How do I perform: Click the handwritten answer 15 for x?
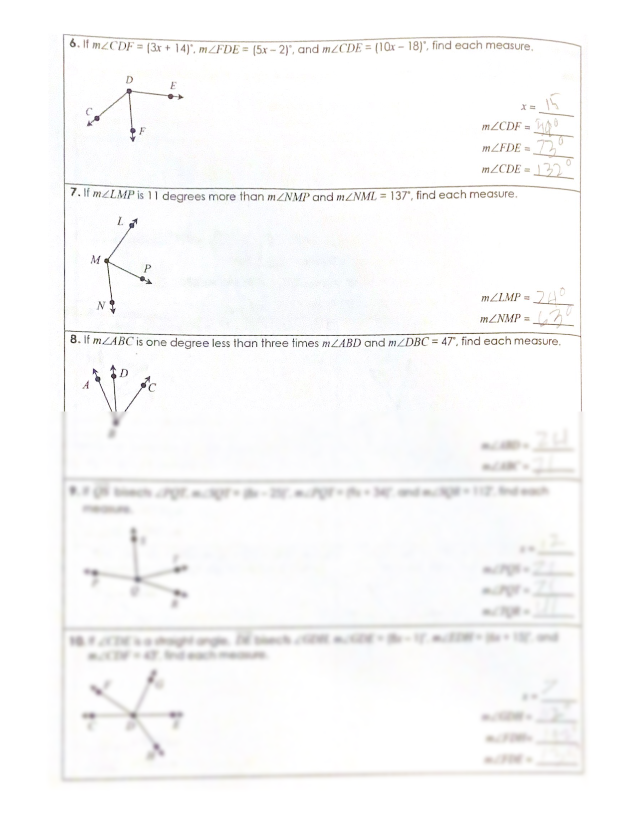click(552, 105)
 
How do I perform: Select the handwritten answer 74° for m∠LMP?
click(551, 297)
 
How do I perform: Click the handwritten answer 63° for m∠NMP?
click(552, 318)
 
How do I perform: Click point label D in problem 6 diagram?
click(129, 80)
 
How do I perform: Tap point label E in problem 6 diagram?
click(173, 85)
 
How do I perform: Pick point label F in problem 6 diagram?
click(142, 131)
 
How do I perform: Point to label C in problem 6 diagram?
click(88, 111)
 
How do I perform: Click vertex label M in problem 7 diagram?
click(95, 260)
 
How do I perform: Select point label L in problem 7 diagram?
click(120, 221)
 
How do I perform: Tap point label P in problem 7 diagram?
click(147, 268)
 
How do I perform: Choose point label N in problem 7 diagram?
click(101, 306)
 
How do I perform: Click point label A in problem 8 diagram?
click(86, 385)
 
